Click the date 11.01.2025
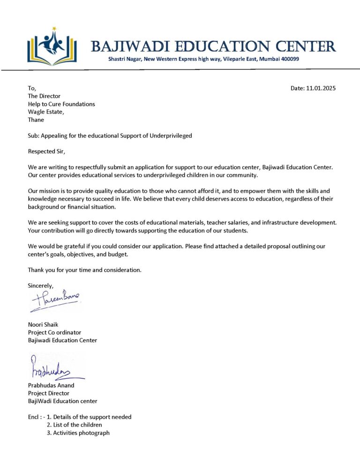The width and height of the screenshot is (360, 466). coord(321,88)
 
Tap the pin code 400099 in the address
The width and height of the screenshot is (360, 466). coord(289,59)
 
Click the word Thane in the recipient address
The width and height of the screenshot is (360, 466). coord(36,120)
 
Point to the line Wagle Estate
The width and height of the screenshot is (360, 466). coord(46,112)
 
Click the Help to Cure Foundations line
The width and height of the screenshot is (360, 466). coord(61,104)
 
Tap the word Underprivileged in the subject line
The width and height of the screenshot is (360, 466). coord(171,136)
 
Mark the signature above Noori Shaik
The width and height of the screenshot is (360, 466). coord(55,301)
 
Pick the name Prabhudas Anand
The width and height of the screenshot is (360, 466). coord(51,385)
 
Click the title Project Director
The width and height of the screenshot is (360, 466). coord(49,393)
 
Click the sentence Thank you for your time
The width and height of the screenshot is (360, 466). coord(84,270)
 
